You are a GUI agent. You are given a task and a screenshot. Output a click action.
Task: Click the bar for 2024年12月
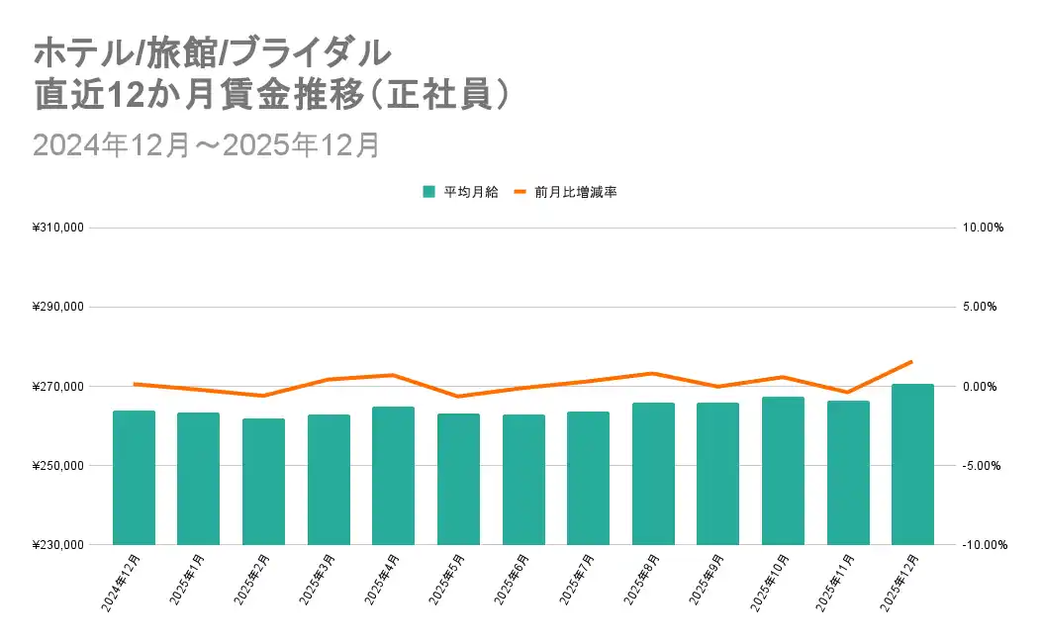134,478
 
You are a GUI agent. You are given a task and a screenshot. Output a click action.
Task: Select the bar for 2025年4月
393,476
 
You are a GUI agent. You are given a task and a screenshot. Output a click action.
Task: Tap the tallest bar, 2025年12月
912,464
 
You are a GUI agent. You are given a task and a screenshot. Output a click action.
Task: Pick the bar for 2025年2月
263,482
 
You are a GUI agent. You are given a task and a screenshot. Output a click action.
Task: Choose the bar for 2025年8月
653,474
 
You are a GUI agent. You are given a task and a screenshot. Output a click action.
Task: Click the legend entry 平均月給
454,192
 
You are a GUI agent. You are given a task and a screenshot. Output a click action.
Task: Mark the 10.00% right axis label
983,228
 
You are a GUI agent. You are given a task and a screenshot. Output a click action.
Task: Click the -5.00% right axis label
983,466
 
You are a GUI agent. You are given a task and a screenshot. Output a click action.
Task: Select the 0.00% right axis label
983,387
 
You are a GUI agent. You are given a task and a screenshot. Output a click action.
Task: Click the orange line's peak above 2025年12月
911,361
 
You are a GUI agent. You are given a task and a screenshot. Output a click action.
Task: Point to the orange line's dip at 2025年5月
457,397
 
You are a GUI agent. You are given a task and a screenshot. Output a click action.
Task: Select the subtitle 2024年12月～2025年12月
207,144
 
